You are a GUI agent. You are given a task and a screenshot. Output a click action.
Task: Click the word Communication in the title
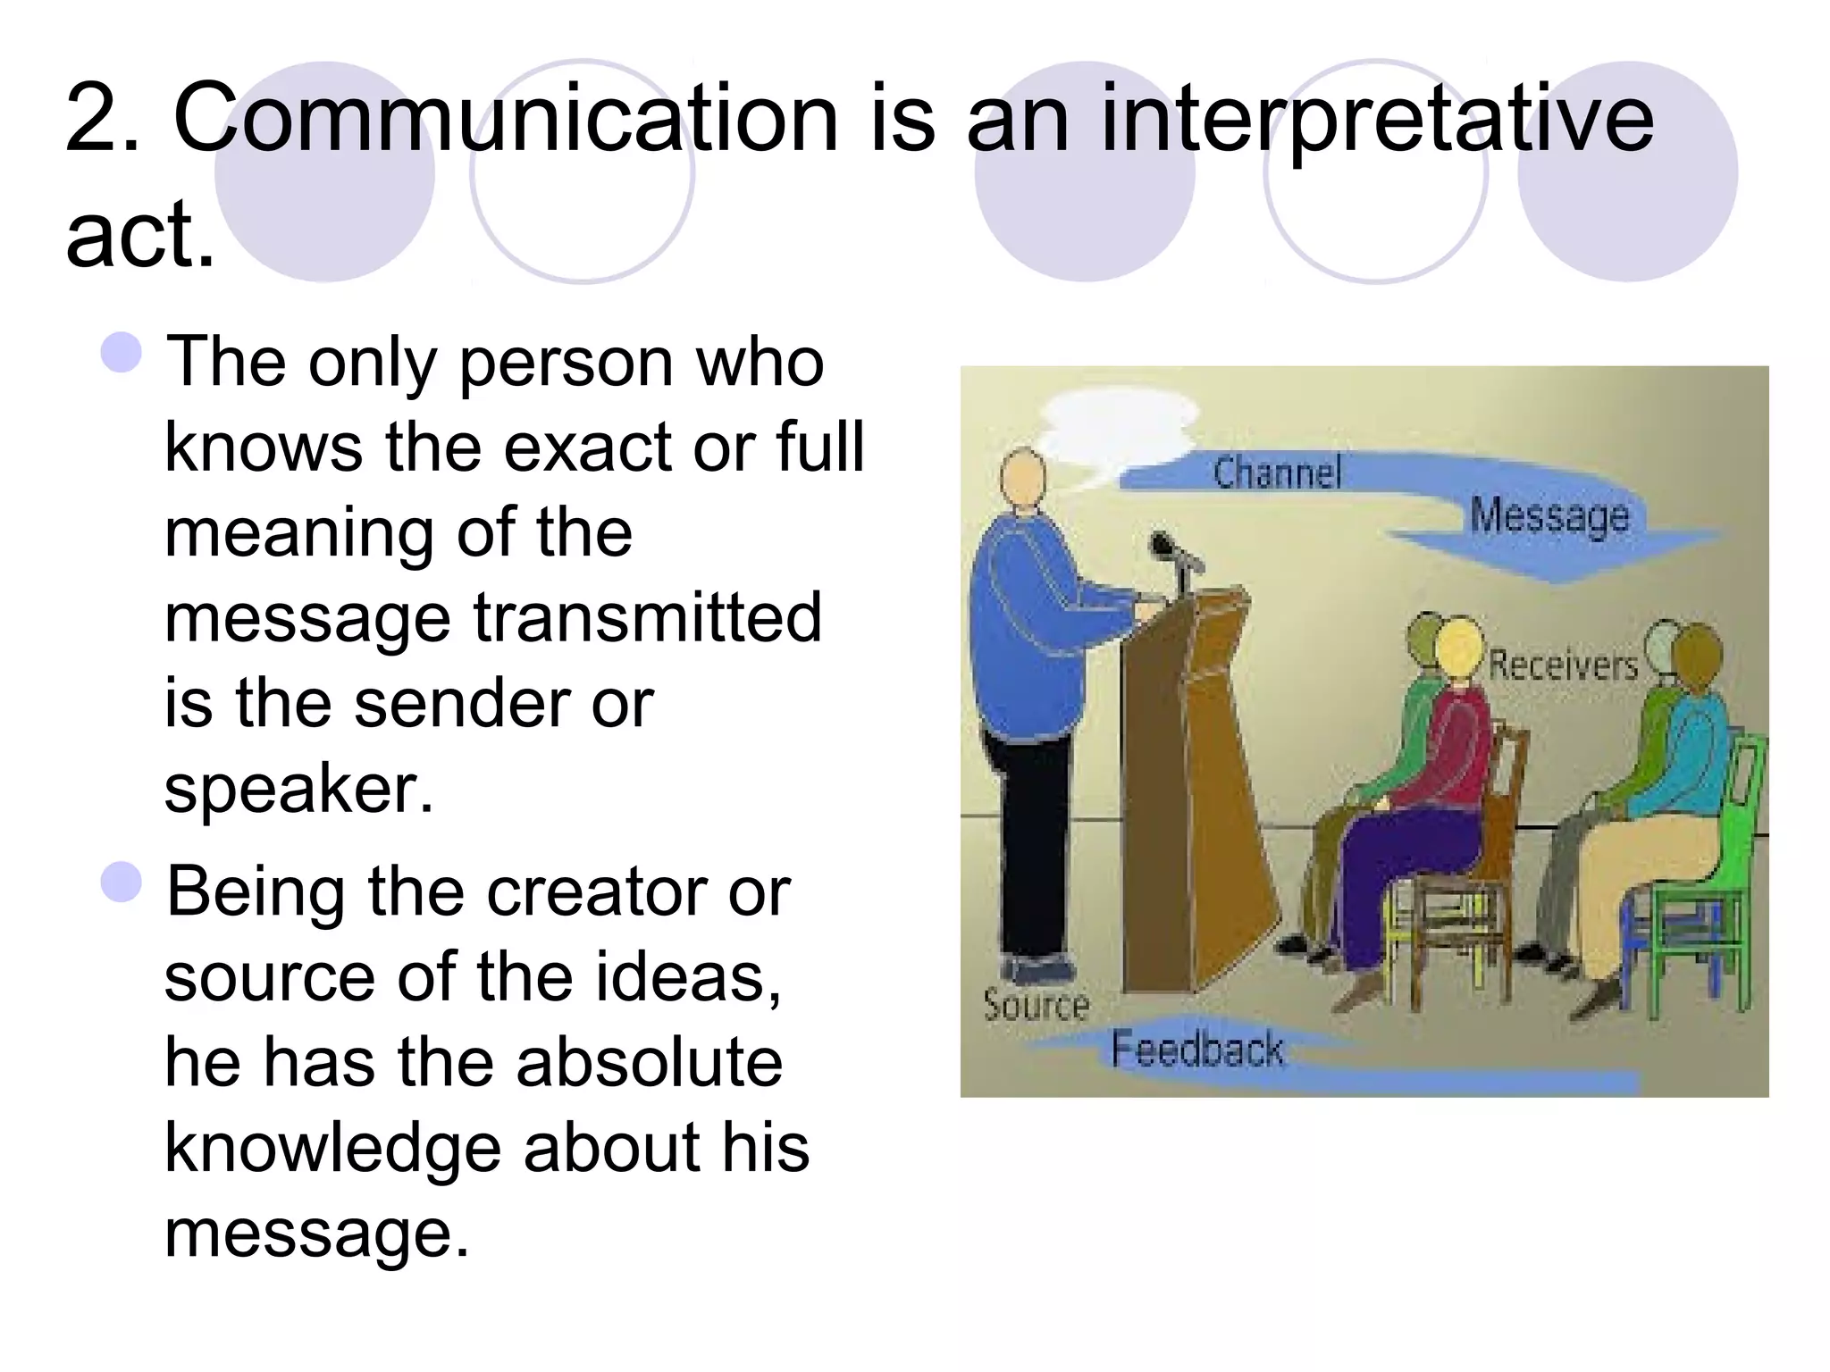[x=506, y=119]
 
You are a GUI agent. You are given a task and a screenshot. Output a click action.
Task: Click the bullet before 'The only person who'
[x=122, y=353]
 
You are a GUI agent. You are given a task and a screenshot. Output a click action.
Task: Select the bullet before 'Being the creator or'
[x=122, y=883]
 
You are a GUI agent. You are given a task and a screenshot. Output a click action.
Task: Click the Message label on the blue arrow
[x=1549, y=516]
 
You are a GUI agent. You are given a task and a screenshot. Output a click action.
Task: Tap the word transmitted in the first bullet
[x=647, y=618]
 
